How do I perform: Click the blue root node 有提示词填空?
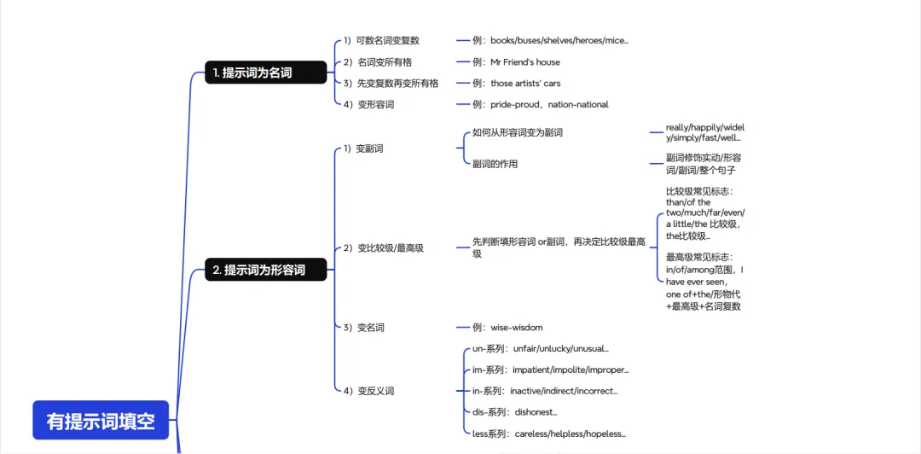[101, 421]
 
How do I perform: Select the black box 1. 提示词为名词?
[265, 73]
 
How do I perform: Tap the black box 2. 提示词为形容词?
[265, 270]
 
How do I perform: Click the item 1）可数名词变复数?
[381, 40]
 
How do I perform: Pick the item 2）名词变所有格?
[378, 61]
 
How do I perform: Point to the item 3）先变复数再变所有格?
[391, 83]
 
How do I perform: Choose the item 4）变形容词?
[368, 104]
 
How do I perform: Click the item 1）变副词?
[363, 148]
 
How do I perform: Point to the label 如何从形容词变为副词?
[517, 132]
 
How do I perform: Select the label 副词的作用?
[495, 163]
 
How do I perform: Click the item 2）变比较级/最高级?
[384, 247]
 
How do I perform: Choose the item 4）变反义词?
[368, 390]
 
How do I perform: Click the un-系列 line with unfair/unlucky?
[540, 348]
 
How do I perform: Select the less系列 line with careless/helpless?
[548, 433]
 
